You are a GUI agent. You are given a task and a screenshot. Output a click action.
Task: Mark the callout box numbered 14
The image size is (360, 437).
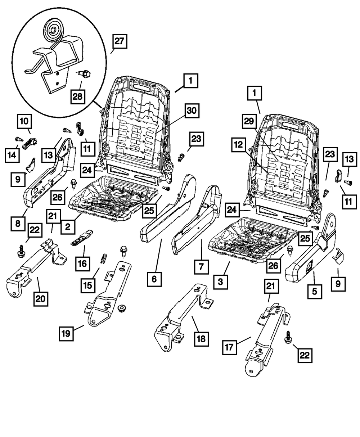[x=13, y=155]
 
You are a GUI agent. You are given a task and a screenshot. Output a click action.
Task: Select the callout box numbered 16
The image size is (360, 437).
[x=83, y=263]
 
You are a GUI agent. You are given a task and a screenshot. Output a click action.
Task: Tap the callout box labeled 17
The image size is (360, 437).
[x=230, y=348]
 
